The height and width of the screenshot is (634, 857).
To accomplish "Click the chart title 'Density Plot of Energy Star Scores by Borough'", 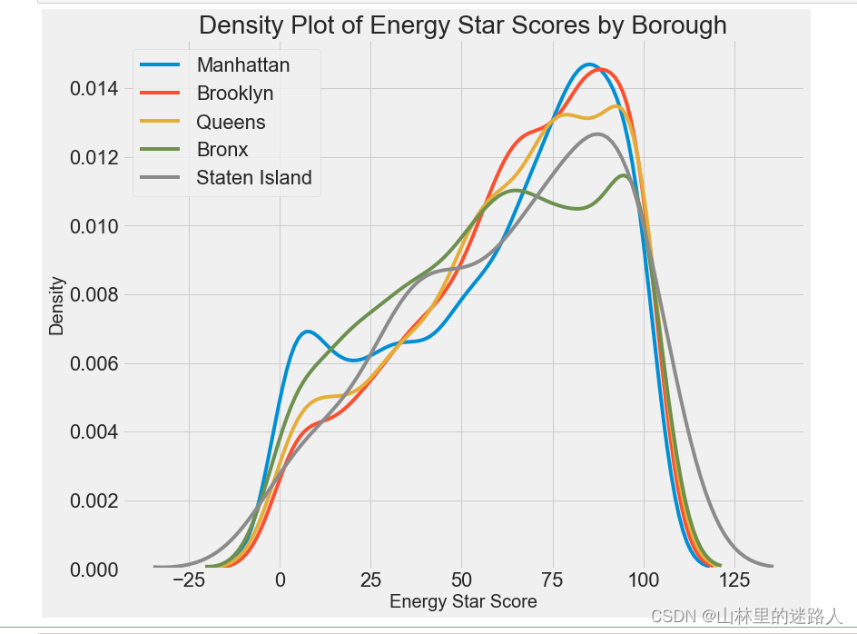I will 462,25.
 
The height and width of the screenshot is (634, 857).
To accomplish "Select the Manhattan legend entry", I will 243,65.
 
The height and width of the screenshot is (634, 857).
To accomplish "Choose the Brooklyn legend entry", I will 234,94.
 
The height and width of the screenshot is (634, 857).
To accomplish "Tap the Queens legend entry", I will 231,122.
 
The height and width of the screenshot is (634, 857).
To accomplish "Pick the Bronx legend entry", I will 222,150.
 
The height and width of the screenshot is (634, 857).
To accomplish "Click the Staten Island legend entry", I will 253,178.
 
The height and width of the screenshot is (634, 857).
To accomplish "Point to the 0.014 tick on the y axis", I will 95,89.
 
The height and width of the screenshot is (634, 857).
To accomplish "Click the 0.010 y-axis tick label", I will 95,226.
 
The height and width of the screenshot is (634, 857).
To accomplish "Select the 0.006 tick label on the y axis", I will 95,363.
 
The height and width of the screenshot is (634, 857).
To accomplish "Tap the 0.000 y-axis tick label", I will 95,570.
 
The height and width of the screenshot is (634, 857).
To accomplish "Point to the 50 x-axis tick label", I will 461,580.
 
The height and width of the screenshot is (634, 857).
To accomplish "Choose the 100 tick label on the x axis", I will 644,580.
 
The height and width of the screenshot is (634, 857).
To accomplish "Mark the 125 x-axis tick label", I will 734,580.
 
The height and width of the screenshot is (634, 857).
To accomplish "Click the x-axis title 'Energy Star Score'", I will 463,601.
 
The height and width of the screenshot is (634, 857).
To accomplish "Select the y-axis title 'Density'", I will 57,306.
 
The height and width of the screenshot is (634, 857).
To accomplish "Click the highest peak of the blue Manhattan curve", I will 589,64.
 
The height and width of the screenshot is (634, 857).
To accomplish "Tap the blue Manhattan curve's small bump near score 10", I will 309,332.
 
